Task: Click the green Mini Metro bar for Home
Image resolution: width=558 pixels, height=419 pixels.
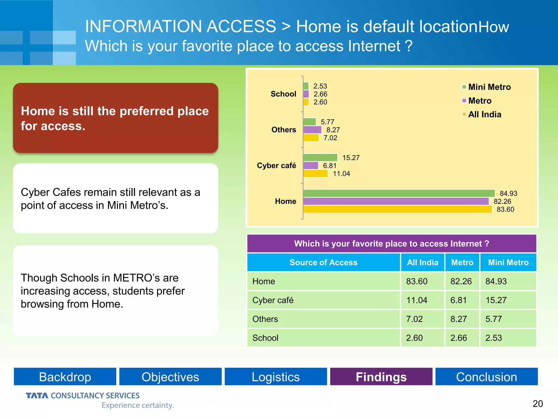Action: point(399,193)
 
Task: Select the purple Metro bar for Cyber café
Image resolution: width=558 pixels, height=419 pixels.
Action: point(311,166)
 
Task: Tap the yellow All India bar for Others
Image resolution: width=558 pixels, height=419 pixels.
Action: point(311,138)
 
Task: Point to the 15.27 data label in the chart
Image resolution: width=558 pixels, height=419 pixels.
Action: point(351,158)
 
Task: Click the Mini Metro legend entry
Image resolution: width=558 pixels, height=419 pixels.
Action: point(486,87)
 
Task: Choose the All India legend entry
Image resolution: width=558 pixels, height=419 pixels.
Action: point(482,114)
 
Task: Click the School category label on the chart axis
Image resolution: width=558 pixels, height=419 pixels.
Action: point(283,94)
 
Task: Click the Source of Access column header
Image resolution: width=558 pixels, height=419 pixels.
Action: point(323,262)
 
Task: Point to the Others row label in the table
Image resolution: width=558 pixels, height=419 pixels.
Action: point(265,319)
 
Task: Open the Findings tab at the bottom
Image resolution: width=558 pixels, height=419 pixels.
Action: point(381,377)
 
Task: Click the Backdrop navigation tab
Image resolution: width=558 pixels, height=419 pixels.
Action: point(65,377)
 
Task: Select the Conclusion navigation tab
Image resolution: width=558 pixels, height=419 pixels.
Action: point(486,377)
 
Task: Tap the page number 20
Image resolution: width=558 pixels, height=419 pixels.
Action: point(538,403)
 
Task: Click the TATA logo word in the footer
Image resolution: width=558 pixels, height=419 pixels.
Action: point(37,396)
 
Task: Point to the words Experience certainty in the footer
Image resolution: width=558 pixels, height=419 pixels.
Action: point(138,405)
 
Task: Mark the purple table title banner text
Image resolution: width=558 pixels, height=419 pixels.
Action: point(392,243)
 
